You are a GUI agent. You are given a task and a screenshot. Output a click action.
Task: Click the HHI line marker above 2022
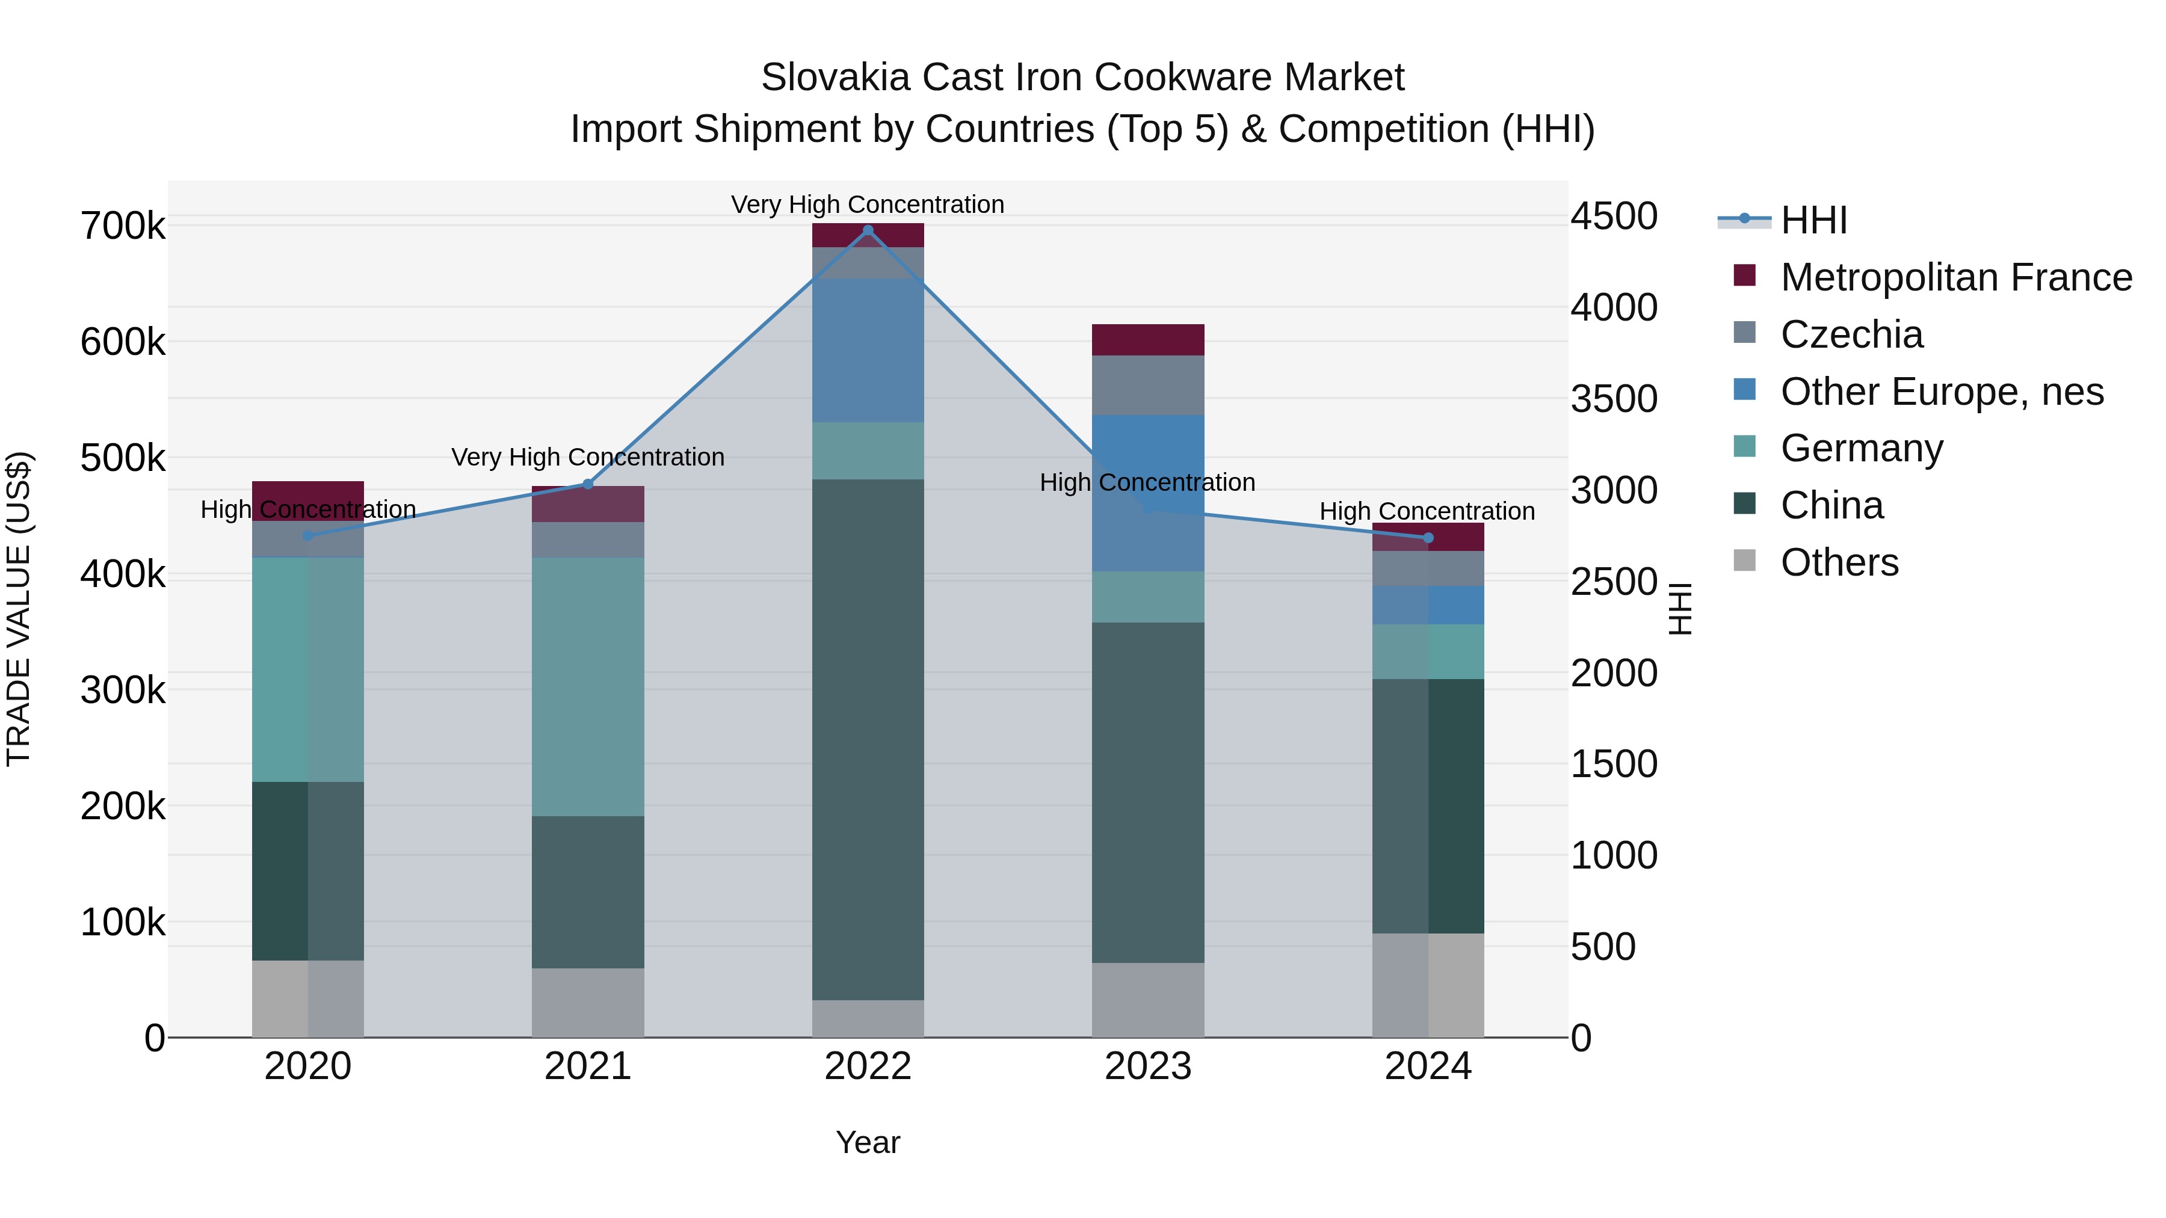[868, 230]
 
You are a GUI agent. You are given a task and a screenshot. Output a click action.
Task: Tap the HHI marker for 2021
[588, 484]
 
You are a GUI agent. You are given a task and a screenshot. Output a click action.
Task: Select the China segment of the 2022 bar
[868, 740]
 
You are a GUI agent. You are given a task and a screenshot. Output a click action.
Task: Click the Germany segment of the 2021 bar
[588, 687]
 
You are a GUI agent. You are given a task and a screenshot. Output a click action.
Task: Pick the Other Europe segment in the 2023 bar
[1148, 493]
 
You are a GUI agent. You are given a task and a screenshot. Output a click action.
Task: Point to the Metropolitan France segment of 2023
[1148, 340]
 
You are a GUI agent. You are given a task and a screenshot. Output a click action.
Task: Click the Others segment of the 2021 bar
[588, 1002]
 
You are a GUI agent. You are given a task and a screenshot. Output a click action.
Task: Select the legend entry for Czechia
[1851, 334]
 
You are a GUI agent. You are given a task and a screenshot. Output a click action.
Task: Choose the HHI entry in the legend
[1813, 220]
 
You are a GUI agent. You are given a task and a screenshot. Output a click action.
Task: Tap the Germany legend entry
[1861, 448]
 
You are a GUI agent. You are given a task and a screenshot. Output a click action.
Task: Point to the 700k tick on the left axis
[123, 226]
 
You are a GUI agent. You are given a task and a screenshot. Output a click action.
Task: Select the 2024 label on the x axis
[1427, 1066]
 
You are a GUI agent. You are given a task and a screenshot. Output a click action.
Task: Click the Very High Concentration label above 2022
[868, 205]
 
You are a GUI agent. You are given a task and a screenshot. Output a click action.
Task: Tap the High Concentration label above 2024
[1427, 511]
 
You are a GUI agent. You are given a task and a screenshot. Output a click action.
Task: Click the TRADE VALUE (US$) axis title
[19, 609]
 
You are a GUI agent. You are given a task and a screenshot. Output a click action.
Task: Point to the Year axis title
[868, 1142]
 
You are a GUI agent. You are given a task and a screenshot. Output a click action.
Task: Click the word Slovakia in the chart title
[835, 78]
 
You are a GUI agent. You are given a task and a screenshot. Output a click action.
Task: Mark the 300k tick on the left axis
[123, 691]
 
